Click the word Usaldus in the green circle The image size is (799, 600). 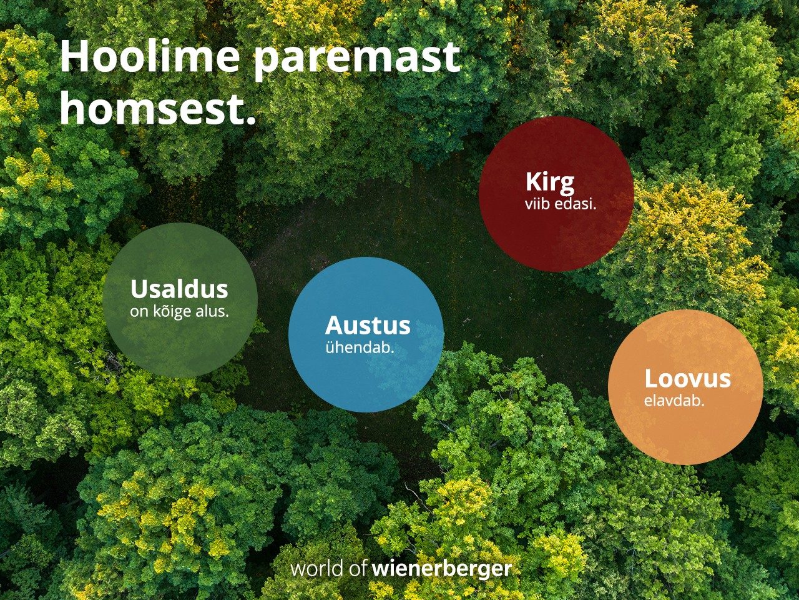(x=179, y=289)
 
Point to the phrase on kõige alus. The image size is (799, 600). (x=179, y=311)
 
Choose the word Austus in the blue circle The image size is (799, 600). (x=368, y=326)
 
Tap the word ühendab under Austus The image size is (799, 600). (x=360, y=347)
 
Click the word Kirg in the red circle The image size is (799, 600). (x=550, y=182)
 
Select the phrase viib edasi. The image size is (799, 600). (x=560, y=204)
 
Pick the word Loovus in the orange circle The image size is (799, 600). (x=687, y=379)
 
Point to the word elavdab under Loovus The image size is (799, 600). (x=674, y=401)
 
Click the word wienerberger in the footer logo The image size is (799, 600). (x=442, y=569)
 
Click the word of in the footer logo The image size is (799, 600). (x=358, y=569)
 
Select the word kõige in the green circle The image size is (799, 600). (x=170, y=311)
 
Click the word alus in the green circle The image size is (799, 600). (x=212, y=311)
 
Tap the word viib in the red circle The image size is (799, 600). (x=537, y=204)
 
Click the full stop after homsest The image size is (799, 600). (x=251, y=119)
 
